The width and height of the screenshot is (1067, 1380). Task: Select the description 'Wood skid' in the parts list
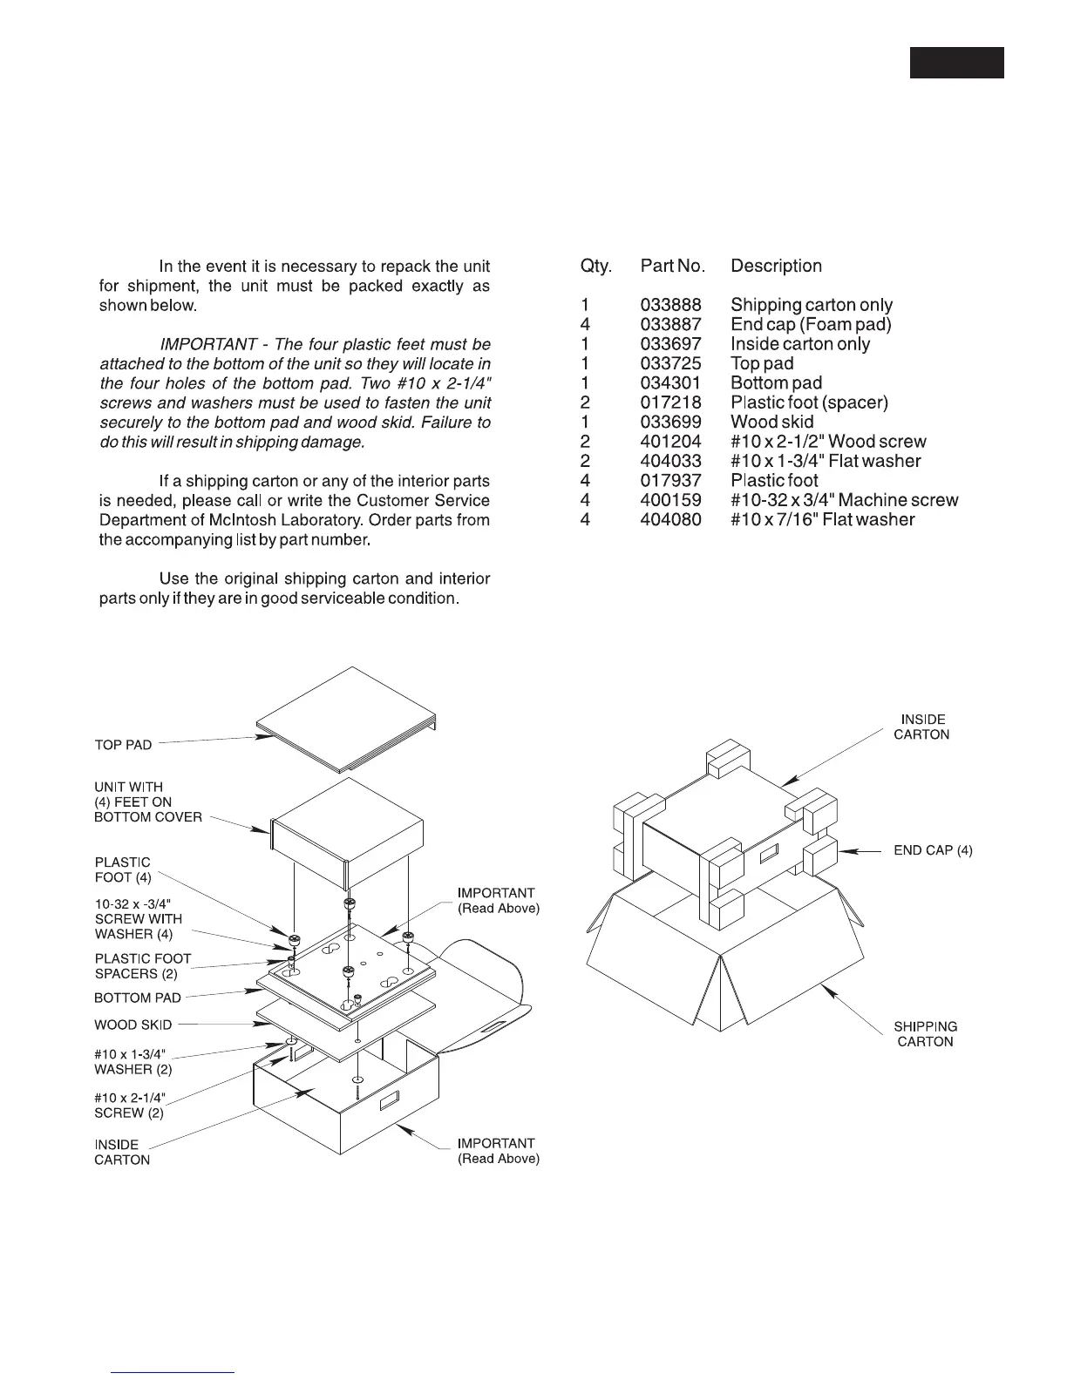[x=771, y=422]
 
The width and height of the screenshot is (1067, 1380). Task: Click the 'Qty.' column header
[x=596, y=266]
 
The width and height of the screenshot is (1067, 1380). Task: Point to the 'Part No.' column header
[x=672, y=266]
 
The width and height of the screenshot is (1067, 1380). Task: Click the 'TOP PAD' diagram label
[x=123, y=745]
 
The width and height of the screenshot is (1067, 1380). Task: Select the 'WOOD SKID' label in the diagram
[x=133, y=1025]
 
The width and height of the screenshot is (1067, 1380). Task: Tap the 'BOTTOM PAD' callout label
[x=138, y=998]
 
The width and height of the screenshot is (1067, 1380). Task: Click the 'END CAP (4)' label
[x=933, y=850]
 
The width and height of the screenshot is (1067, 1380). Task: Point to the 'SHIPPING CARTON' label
[x=925, y=1034]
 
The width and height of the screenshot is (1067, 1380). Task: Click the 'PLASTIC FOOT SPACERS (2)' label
[x=142, y=966]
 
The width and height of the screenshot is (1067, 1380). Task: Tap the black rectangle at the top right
[x=956, y=63]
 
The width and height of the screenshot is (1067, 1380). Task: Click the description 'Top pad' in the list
[x=762, y=363]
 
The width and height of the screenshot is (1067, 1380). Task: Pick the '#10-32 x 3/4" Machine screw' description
[x=844, y=500]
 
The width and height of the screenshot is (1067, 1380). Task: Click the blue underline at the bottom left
[x=173, y=1372]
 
